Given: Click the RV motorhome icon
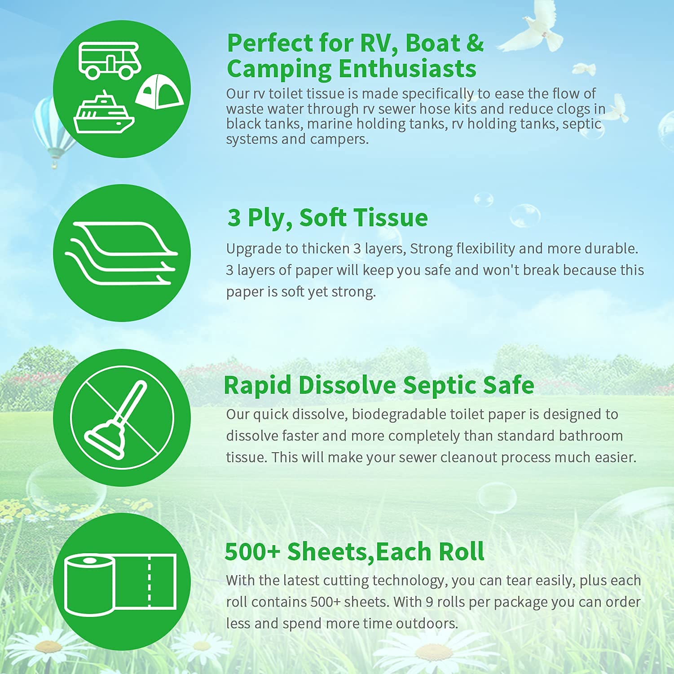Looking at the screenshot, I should tap(110, 60).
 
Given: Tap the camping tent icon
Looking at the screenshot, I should tap(159, 92).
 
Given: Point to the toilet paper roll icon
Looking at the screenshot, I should tap(120, 584).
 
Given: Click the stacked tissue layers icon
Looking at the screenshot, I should tap(121, 253).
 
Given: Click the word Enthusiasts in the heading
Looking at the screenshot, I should tap(407, 69).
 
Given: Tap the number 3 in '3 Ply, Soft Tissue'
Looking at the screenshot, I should tap(234, 218).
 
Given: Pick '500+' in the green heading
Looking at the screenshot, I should tap(252, 551).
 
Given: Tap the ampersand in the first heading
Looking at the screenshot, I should tap(475, 44).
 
